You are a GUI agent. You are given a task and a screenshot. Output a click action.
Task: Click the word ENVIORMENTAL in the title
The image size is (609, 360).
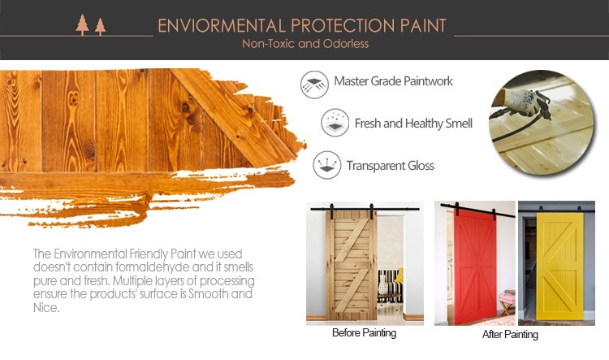pyautogui.click(x=222, y=26)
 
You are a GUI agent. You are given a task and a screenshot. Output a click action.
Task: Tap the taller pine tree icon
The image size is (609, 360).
pyautogui.click(x=82, y=25)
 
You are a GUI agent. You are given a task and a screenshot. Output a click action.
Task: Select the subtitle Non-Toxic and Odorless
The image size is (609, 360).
pyautogui.click(x=305, y=44)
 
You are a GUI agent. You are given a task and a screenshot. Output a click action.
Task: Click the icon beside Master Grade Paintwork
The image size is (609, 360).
pyautogui.click(x=314, y=85)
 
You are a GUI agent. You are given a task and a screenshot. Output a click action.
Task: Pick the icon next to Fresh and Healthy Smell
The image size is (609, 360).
pyautogui.click(x=335, y=123)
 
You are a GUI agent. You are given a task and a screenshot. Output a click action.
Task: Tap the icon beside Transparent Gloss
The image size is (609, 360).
pyautogui.click(x=327, y=165)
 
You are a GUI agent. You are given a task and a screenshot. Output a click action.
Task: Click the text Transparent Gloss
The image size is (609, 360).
pyautogui.click(x=391, y=166)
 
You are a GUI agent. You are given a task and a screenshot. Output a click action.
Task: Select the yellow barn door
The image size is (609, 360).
pyautogui.click(x=559, y=267)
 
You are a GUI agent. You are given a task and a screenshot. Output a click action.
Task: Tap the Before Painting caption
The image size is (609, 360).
pyautogui.click(x=365, y=333)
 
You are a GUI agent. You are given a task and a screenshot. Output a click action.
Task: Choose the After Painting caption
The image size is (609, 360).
pyautogui.click(x=510, y=334)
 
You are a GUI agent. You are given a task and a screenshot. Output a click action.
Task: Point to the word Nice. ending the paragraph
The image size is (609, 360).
pyautogui.click(x=46, y=308)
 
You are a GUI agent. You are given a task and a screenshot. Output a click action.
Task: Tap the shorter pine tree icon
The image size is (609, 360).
pyautogui.click(x=100, y=27)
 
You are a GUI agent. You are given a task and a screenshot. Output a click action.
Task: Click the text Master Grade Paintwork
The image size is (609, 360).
pyautogui.click(x=394, y=81)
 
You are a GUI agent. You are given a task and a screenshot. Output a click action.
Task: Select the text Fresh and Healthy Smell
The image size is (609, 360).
pyautogui.click(x=413, y=124)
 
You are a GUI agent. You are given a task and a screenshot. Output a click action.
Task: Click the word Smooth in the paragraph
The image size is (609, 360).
pyautogui.click(x=208, y=294)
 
